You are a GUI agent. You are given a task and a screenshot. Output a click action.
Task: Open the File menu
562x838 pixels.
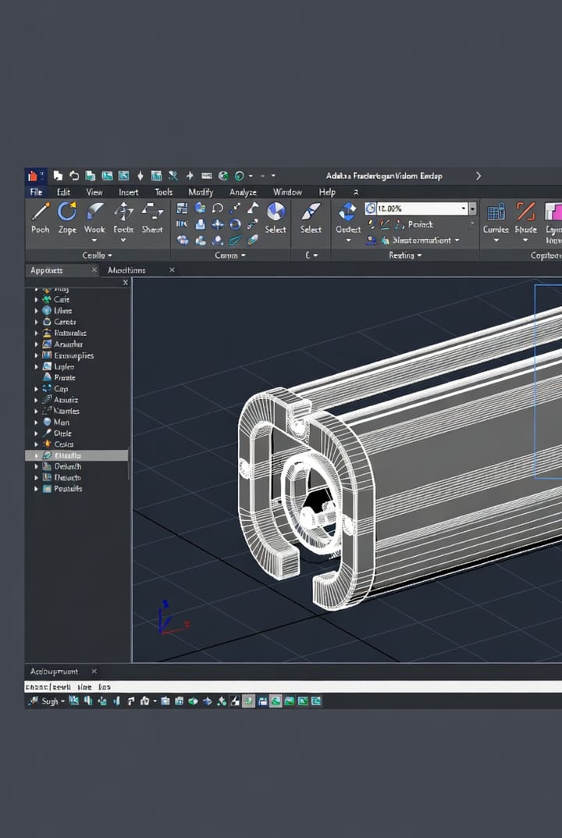36,192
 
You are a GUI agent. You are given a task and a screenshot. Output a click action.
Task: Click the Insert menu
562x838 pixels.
128,192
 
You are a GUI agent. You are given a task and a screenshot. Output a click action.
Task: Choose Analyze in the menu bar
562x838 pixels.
243,192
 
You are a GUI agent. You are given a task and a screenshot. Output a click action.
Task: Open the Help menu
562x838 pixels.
327,192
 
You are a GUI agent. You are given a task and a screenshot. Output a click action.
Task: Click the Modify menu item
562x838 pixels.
201,192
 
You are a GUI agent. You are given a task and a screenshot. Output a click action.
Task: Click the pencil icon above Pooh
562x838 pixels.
41,211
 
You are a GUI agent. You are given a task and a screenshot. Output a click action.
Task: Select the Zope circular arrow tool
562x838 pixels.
67,211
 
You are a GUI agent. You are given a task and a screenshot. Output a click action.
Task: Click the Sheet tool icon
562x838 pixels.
152,211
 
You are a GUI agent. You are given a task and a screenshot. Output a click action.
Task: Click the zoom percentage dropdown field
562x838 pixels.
420,209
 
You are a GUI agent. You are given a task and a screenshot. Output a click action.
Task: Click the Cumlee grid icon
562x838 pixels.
496,211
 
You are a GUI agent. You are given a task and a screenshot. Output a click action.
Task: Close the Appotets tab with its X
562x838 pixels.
94,270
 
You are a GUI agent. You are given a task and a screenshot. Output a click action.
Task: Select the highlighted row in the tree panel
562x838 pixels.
76,455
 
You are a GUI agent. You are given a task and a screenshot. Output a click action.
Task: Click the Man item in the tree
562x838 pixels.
61,422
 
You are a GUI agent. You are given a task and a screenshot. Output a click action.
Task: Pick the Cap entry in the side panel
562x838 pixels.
61,388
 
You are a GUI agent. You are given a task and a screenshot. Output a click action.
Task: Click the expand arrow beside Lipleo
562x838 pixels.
36,366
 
